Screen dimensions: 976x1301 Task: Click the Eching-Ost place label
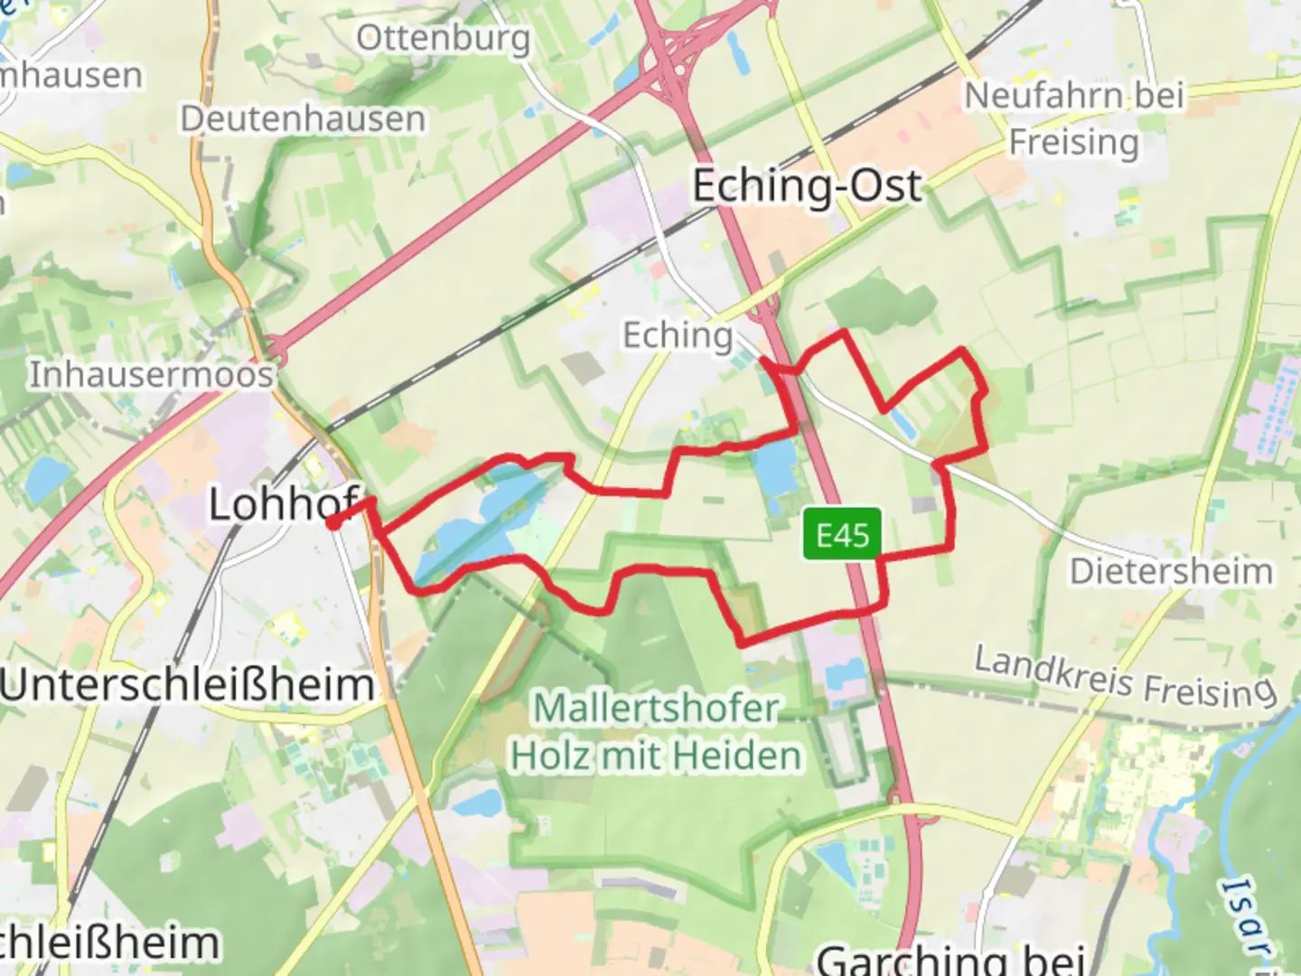807,187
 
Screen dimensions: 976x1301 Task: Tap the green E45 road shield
842,534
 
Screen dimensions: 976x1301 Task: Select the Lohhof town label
282,503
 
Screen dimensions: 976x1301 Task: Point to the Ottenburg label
443,39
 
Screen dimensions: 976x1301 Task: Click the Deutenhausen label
303,119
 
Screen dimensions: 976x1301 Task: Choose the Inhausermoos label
151,374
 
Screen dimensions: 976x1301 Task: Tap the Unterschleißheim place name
187,685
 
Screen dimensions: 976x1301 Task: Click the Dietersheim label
1171,571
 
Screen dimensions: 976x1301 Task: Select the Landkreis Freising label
1125,678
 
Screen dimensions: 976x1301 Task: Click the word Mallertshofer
656,708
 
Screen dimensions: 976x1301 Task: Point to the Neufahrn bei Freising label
1074,118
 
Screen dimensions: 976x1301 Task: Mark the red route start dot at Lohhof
332,522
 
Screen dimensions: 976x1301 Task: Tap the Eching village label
678,335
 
